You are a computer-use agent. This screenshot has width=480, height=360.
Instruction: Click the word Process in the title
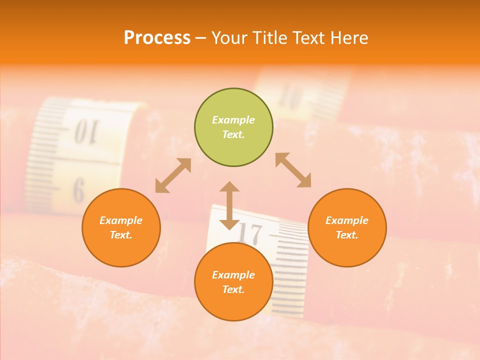tap(157, 38)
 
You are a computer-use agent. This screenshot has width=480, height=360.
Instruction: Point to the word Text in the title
tap(309, 38)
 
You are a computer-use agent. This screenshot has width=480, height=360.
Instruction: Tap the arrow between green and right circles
tap(293, 170)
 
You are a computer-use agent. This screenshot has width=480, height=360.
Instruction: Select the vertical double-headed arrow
tap(229, 205)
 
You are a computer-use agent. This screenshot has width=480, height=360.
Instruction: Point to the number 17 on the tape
tap(249, 233)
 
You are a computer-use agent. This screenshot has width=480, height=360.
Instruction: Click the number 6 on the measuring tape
tap(78, 190)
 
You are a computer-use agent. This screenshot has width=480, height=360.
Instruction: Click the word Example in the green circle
tap(233, 120)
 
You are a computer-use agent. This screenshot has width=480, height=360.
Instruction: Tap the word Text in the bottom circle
tap(233, 289)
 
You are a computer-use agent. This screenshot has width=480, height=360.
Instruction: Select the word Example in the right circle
tap(347, 220)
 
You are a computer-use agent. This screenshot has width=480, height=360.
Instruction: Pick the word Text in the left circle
tap(121, 235)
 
